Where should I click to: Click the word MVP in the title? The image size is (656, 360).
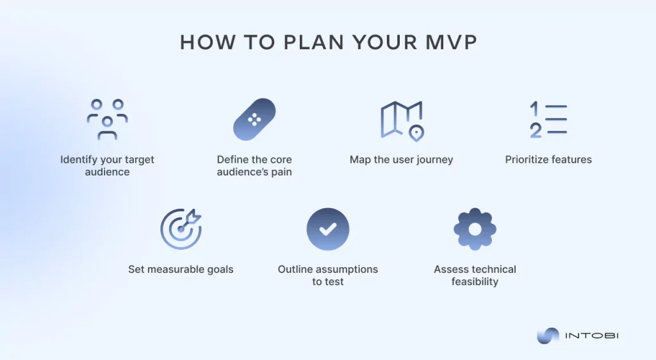[451, 42]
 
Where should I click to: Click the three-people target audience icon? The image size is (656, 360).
[107, 119]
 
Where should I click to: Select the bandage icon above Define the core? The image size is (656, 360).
[254, 120]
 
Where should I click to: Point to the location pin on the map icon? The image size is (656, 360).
[416, 133]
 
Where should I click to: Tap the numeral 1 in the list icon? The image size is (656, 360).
[534, 109]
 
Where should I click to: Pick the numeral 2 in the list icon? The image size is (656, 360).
[536, 131]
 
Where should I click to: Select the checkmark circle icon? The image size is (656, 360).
[328, 229]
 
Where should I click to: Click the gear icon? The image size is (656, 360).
[475, 229]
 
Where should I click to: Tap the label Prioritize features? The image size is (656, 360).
[548, 160]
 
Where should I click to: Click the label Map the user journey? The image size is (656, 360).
[401, 160]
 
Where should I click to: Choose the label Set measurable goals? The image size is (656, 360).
[181, 270]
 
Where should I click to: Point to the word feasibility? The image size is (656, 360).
[475, 282]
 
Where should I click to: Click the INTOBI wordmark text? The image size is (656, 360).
[591, 336]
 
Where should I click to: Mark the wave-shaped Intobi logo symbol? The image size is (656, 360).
[548, 336]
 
